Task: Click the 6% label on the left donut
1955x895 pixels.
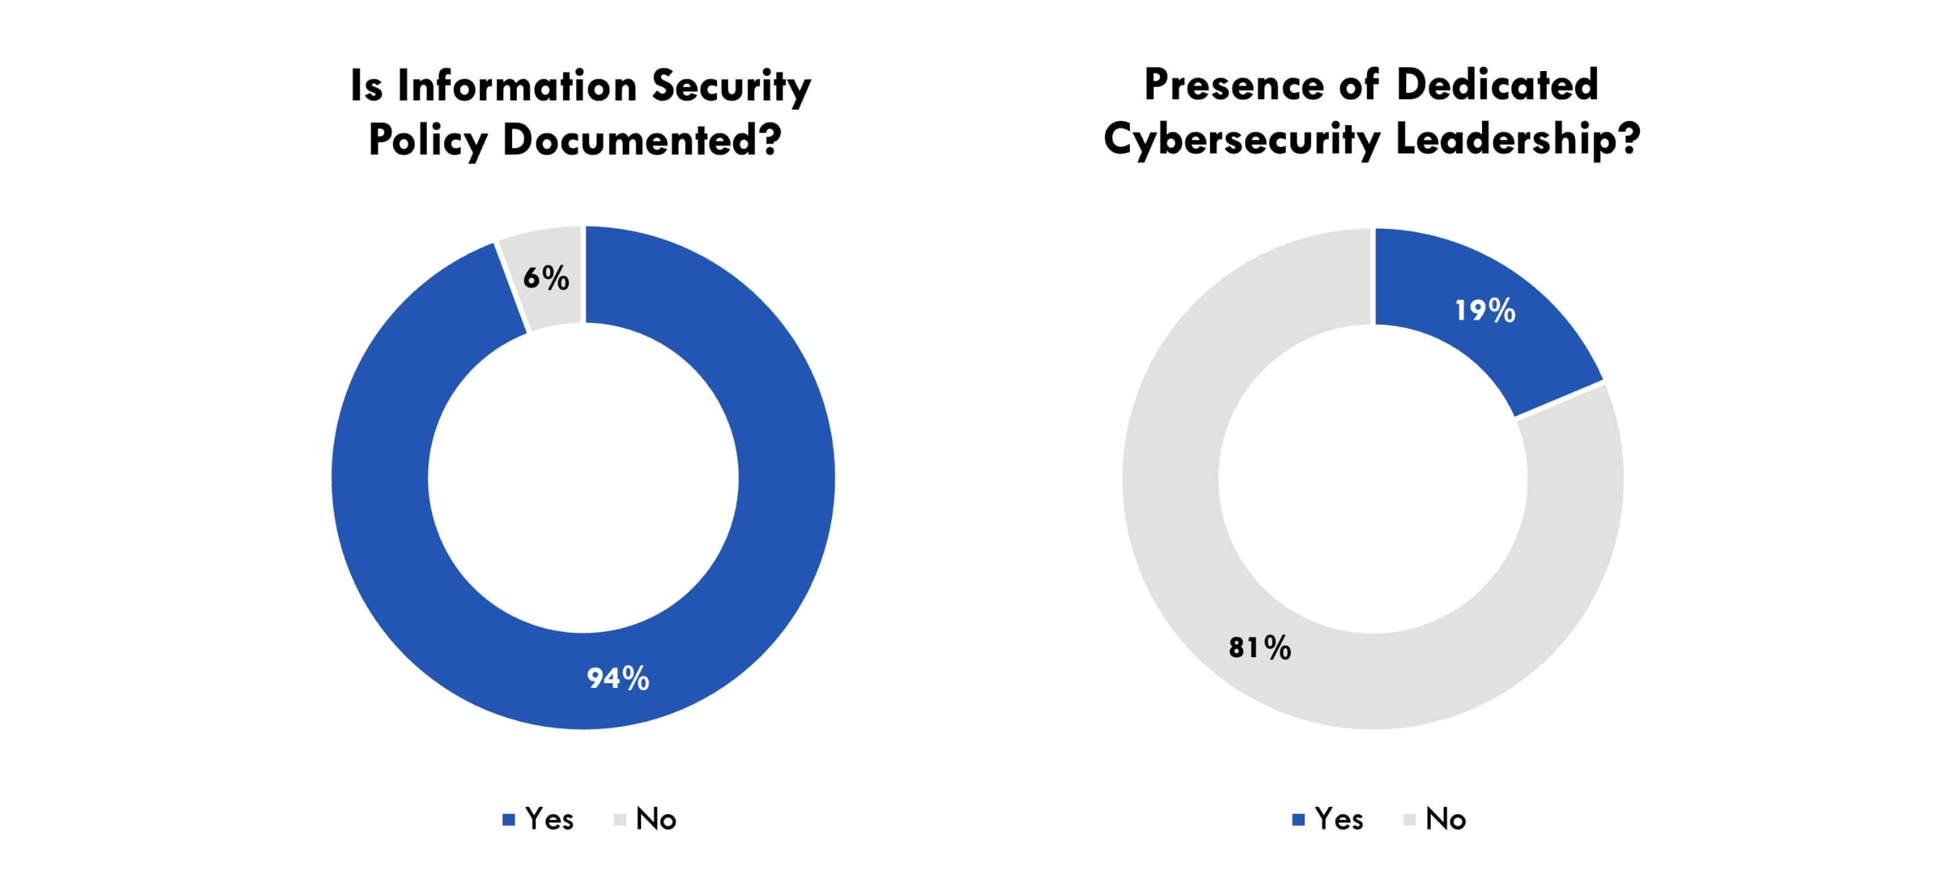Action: pyautogui.click(x=545, y=278)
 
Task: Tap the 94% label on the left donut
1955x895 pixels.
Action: pyautogui.click(x=618, y=678)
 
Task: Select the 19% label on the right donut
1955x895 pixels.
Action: pyautogui.click(x=1485, y=311)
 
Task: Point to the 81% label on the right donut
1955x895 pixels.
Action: pyautogui.click(x=1260, y=648)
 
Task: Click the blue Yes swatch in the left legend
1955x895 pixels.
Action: pyautogui.click(x=509, y=820)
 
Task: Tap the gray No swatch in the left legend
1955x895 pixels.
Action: pyautogui.click(x=619, y=820)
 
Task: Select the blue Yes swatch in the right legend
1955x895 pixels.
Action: pyautogui.click(x=1299, y=820)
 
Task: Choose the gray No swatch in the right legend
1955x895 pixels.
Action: pyautogui.click(x=1410, y=820)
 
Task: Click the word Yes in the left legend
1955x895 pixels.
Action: pyautogui.click(x=549, y=819)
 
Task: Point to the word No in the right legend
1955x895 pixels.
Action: pyautogui.click(x=1445, y=819)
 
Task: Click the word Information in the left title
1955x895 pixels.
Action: pyautogui.click(x=517, y=85)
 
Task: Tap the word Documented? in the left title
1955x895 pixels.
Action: pyautogui.click(x=641, y=140)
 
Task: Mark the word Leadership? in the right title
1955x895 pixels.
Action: pyautogui.click(x=1518, y=140)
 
